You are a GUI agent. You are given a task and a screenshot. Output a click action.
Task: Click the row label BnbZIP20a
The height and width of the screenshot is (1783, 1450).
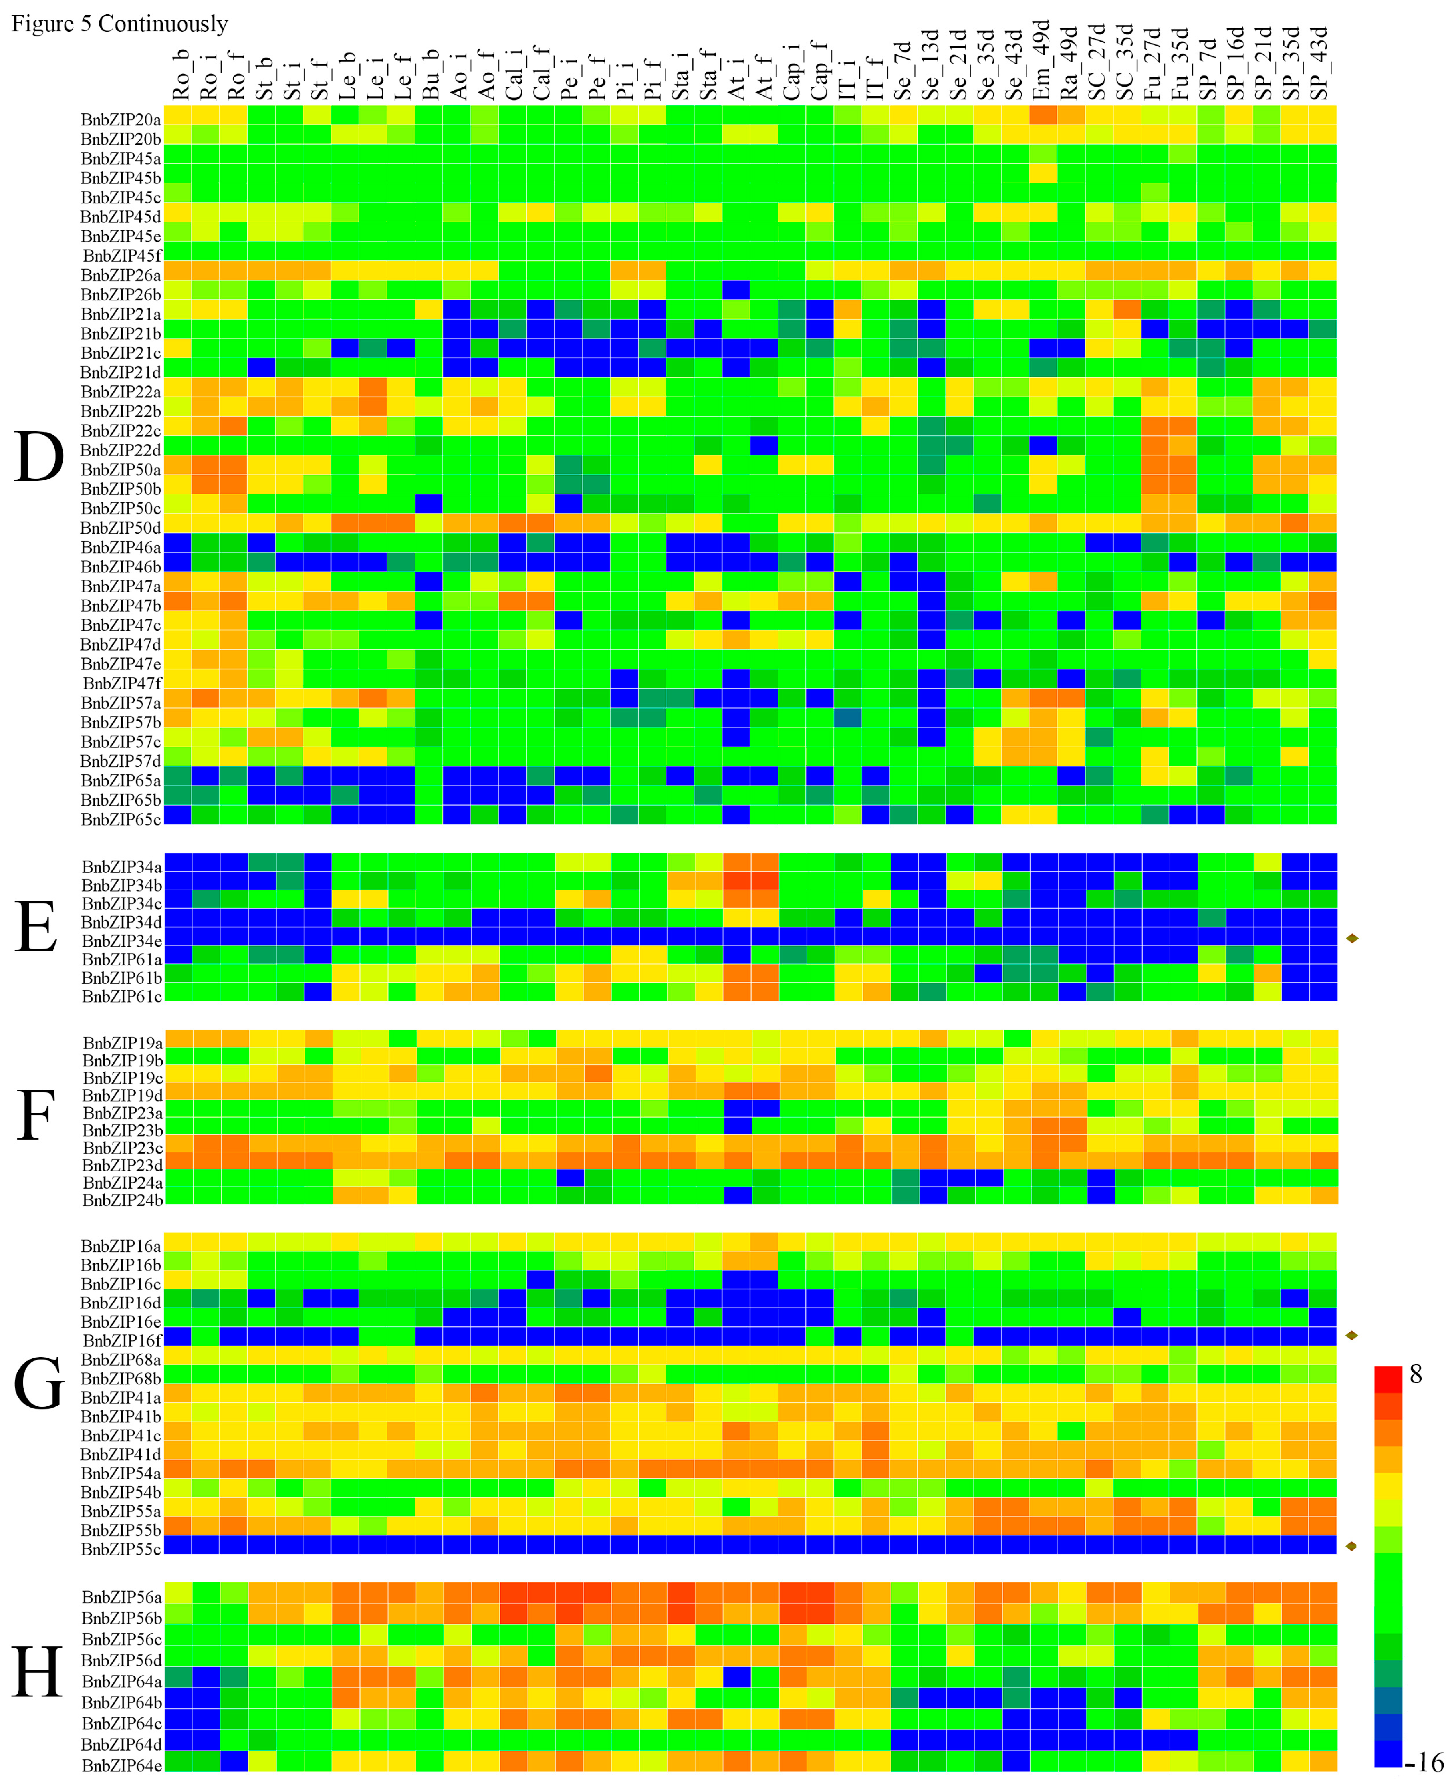pyautogui.click(x=121, y=119)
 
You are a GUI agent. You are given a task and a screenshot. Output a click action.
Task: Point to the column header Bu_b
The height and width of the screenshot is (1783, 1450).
pyautogui.click(x=430, y=75)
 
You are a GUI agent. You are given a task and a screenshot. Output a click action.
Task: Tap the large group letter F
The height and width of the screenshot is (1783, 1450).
pyautogui.click(x=36, y=1116)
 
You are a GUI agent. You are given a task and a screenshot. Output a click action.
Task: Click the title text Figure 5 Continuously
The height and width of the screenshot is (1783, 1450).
pyautogui.click(x=119, y=24)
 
